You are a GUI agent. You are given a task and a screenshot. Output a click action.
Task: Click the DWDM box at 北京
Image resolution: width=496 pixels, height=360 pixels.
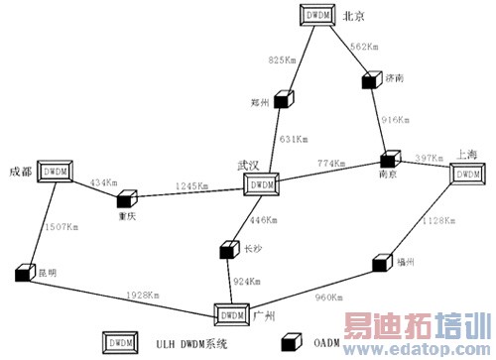318,17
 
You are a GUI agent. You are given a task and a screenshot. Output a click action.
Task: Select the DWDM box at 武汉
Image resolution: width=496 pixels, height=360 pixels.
260,183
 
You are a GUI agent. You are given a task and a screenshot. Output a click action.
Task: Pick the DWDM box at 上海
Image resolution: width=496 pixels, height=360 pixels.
465,173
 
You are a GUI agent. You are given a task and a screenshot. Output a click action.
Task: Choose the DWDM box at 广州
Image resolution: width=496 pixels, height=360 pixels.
231,314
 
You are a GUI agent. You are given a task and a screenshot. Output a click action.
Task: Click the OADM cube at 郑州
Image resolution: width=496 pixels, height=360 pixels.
285,99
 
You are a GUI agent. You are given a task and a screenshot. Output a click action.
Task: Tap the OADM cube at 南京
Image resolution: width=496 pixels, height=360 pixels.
388,159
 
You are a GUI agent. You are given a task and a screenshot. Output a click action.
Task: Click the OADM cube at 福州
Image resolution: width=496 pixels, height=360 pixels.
381,264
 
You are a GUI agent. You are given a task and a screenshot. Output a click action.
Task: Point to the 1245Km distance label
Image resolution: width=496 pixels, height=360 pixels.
191,185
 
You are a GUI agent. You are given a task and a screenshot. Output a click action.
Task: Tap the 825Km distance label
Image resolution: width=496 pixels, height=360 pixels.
283,61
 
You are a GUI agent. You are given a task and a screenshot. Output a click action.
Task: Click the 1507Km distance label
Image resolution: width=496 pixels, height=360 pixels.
62,227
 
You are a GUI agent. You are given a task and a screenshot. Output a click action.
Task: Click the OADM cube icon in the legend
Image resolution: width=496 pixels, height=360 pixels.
293,342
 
